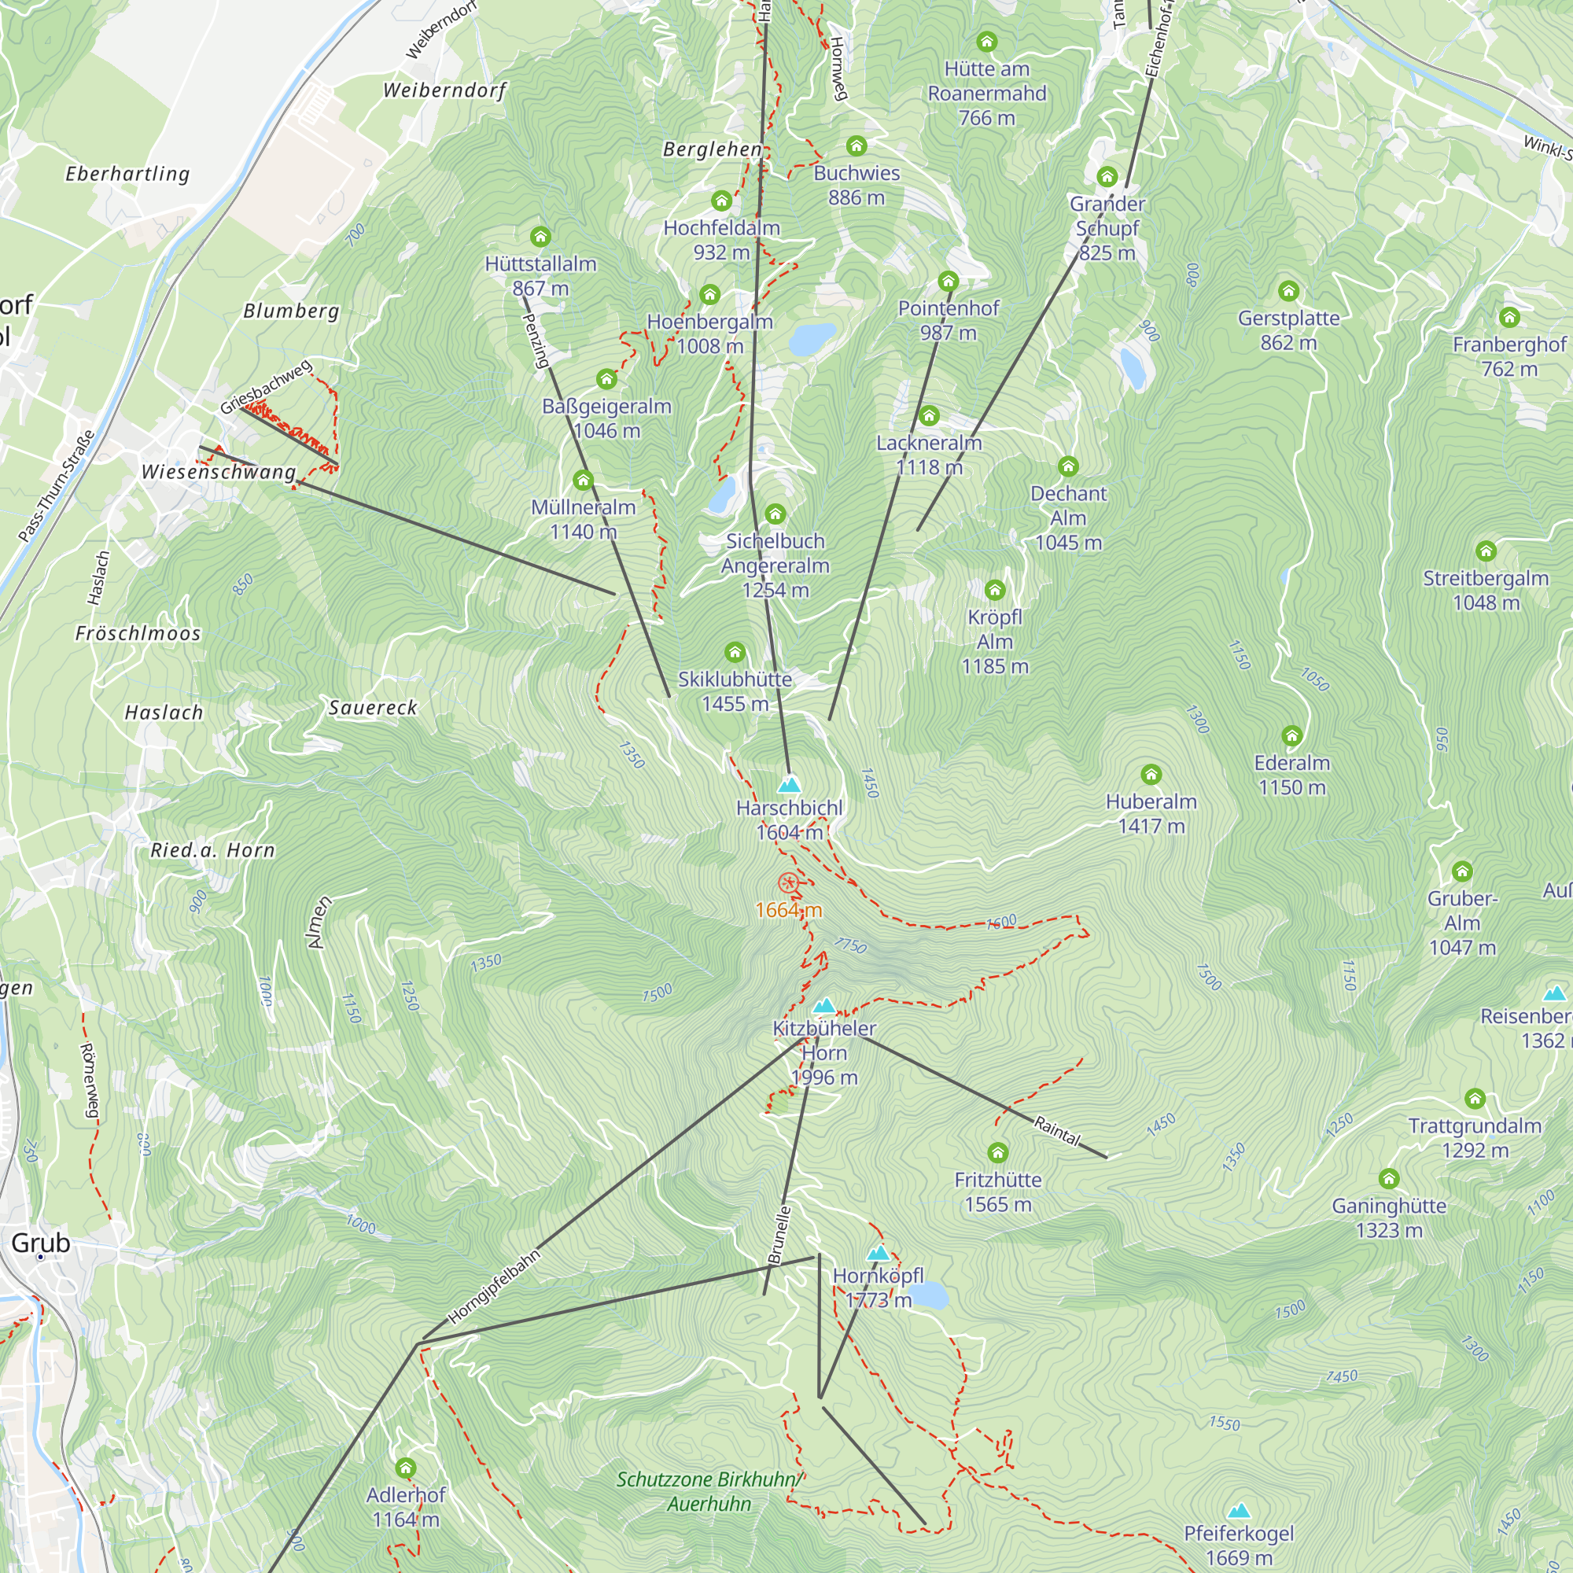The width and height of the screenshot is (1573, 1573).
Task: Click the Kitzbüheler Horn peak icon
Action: [824, 1007]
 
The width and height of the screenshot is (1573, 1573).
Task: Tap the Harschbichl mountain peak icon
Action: [789, 786]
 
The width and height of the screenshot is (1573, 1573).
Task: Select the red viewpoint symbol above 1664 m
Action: [787, 882]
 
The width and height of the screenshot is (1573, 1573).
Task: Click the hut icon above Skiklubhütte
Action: [735, 652]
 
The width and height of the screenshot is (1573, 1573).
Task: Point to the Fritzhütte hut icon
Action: [997, 1152]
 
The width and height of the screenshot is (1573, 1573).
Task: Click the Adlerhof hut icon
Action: [406, 1468]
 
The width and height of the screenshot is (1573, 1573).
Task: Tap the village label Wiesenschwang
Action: [218, 472]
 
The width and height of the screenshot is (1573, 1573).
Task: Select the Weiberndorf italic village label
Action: [444, 90]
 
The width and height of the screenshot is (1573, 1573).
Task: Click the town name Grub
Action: [41, 1243]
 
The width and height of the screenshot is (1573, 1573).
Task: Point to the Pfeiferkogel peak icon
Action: [1239, 1512]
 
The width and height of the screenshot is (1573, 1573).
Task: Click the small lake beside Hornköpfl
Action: [928, 1295]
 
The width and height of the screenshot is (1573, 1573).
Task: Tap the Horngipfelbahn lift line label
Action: [493, 1288]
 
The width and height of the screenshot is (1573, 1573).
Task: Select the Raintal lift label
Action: [1057, 1131]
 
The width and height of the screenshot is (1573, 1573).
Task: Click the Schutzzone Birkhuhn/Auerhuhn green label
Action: [709, 1491]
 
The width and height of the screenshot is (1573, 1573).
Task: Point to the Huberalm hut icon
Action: [1151, 773]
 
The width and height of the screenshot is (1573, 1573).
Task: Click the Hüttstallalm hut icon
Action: [540, 237]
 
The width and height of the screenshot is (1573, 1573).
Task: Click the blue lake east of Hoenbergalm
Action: [812, 339]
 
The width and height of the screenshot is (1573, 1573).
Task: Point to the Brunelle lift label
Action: [779, 1235]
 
